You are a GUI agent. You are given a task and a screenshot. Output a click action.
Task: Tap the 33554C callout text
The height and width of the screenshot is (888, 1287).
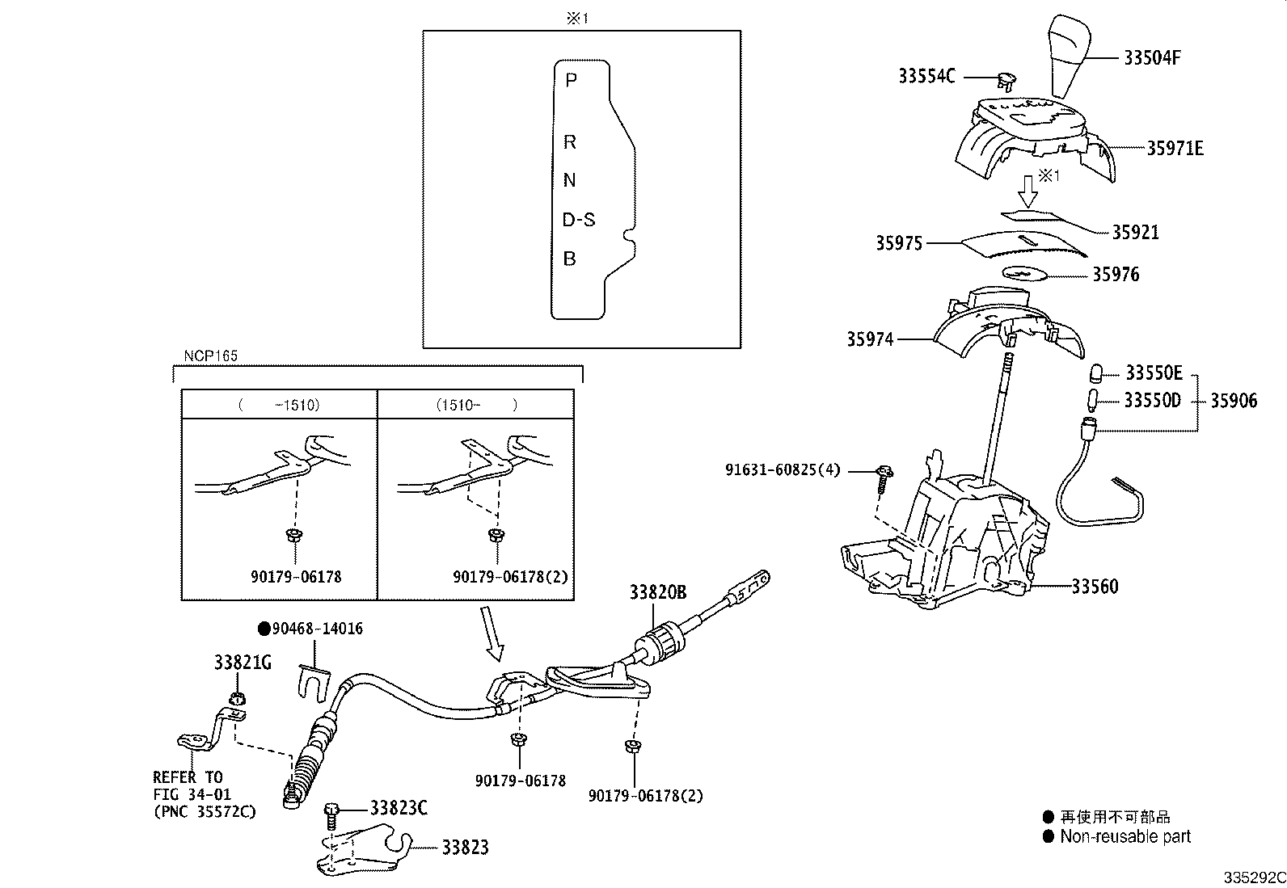(x=926, y=77)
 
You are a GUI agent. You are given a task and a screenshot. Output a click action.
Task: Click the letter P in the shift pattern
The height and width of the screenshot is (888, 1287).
(x=571, y=81)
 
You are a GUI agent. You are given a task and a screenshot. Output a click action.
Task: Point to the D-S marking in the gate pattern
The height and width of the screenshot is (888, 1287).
(x=579, y=220)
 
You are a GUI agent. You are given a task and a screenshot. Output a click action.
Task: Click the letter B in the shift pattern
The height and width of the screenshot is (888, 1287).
(x=570, y=259)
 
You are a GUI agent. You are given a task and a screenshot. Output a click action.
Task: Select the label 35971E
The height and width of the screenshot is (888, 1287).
(x=1175, y=149)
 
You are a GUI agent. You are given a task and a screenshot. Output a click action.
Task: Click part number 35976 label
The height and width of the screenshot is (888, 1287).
(x=1116, y=275)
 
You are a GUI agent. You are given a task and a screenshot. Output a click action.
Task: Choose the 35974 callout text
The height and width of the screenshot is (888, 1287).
(x=870, y=340)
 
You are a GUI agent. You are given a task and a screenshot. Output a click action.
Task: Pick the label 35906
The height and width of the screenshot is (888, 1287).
(x=1234, y=401)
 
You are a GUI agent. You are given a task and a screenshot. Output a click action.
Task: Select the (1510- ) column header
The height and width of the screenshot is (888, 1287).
(x=476, y=405)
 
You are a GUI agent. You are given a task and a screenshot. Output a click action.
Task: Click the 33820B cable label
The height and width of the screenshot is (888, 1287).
(x=658, y=593)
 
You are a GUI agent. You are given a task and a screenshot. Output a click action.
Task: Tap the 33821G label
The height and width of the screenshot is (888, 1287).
(x=243, y=663)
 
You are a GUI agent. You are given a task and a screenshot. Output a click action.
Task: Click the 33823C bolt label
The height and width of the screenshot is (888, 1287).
(x=399, y=808)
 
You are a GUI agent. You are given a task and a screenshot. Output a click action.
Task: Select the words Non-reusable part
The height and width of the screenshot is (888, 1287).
(x=1125, y=837)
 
